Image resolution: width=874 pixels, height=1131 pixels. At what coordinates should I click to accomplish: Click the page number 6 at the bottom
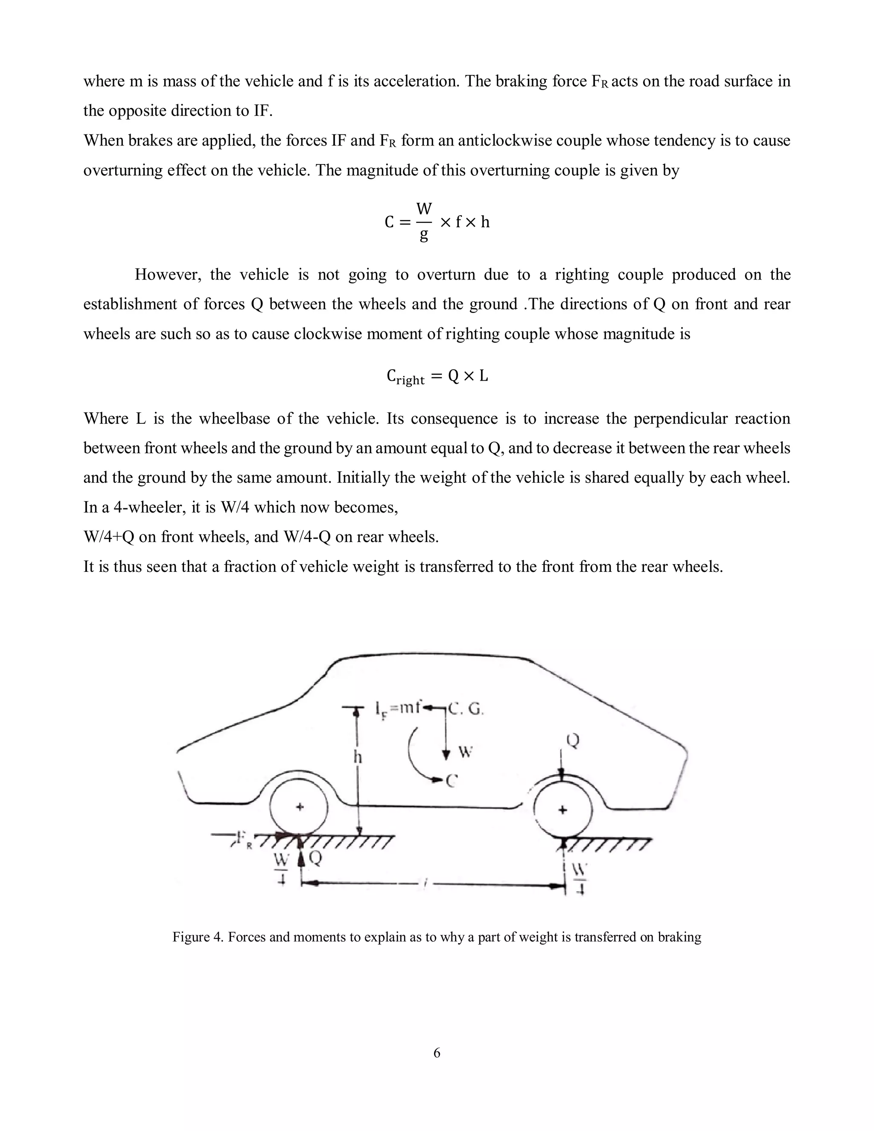tap(437, 1052)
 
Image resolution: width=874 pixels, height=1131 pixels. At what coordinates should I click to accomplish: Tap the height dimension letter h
tap(357, 757)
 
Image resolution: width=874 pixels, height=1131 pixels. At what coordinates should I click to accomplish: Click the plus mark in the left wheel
tap(299, 806)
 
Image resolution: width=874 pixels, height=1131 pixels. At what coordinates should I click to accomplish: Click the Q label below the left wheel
tap(315, 859)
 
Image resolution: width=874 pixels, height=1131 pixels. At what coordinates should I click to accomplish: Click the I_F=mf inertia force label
tap(398, 707)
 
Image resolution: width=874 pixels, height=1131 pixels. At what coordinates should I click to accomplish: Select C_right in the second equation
tap(405, 376)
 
